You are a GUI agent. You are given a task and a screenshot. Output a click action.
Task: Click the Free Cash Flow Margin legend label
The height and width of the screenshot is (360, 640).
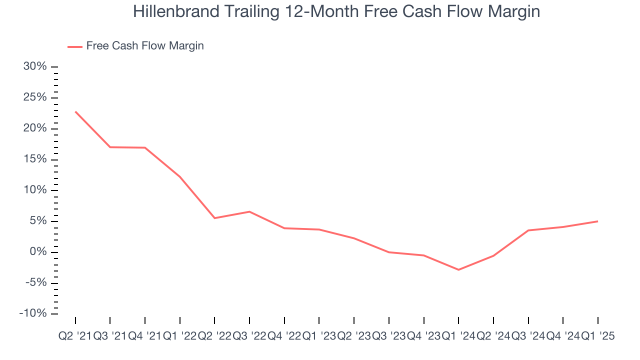pyautogui.click(x=145, y=46)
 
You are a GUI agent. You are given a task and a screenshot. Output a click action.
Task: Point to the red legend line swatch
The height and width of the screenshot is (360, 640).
pyautogui.click(x=74, y=46)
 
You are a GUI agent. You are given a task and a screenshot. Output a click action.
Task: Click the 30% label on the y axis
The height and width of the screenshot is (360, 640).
pyautogui.click(x=35, y=66)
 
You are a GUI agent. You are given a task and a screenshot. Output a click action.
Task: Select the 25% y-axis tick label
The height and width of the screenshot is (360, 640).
pyautogui.click(x=35, y=97)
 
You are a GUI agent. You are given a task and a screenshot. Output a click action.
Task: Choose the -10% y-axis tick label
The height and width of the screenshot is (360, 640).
pyautogui.click(x=33, y=313)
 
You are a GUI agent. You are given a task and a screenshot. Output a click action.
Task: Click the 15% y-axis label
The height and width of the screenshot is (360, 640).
pyautogui.click(x=35, y=159)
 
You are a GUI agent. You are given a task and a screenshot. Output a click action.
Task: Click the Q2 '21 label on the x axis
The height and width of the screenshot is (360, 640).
pyautogui.click(x=75, y=336)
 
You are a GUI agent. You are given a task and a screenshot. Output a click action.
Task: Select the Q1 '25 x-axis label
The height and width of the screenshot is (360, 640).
pyautogui.click(x=597, y=336)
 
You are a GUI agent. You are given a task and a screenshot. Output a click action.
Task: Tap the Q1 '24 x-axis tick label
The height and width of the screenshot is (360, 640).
pyautogui.click(x=458, y=336)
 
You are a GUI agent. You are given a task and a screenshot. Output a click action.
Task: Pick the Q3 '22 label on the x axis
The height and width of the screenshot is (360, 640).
pyautogui.click(x=249, y=336)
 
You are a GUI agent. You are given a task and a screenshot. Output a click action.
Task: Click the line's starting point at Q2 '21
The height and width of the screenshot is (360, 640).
pyautogui.click(x=75, y=111)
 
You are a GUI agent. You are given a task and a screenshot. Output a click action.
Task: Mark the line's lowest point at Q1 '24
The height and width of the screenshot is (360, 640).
pyautogui.click(x=458, y=269)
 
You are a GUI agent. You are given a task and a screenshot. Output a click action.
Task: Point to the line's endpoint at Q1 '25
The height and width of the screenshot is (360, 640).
pyautogui.click(x=597, y=221)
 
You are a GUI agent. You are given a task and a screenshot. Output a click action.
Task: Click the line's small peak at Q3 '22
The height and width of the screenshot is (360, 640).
pyautogui.click(x=249, y=211)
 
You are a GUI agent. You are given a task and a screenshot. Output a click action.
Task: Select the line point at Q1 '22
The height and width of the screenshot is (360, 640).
pyautogui.click(x=179, y=176)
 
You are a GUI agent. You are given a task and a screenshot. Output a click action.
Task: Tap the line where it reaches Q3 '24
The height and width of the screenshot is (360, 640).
pyautogui.click(x=528, y=230)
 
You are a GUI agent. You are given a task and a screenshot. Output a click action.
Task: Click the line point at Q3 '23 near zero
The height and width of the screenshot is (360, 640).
pyautogui.click(x=389, y=252)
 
